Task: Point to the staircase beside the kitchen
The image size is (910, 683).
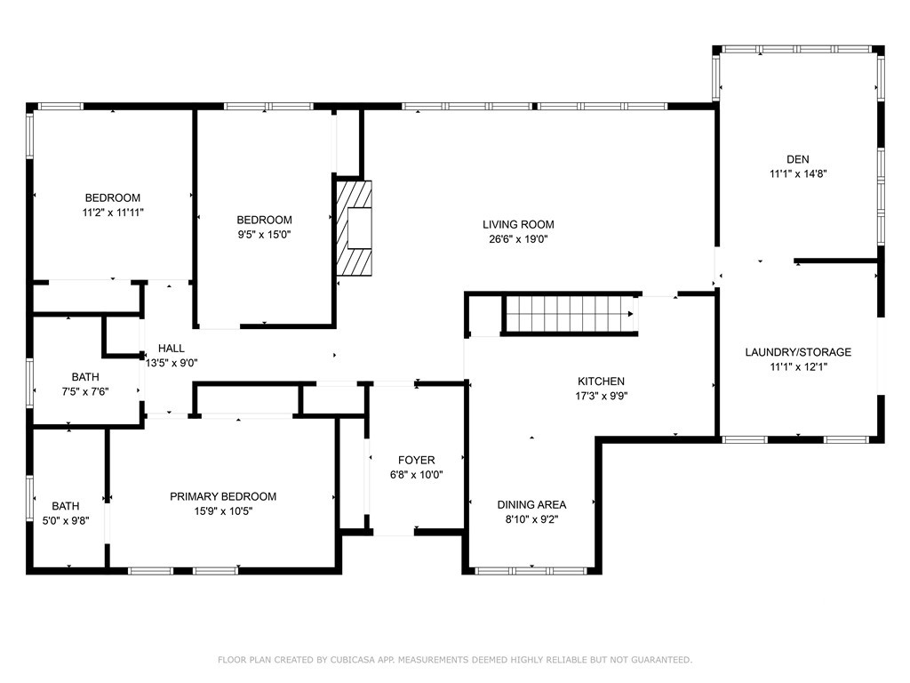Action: point(569,314)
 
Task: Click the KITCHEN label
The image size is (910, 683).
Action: point(601,382)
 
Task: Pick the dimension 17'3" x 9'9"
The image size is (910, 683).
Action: point(601,397)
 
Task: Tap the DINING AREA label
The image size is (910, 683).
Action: point(531,504)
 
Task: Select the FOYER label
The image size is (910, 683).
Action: point(416,460)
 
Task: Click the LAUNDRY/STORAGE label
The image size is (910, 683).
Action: point(797,352)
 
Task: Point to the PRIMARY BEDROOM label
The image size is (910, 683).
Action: point(223,496)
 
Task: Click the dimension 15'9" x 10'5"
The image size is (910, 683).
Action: point(223,511)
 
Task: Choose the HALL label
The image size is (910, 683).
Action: point(172,348)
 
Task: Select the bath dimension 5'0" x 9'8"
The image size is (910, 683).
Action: point(65,521)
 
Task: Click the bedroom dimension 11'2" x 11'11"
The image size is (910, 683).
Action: point(113,213)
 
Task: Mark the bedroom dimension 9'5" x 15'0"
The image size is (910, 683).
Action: point(264,235)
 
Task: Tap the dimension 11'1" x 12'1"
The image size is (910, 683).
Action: point(797,367)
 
